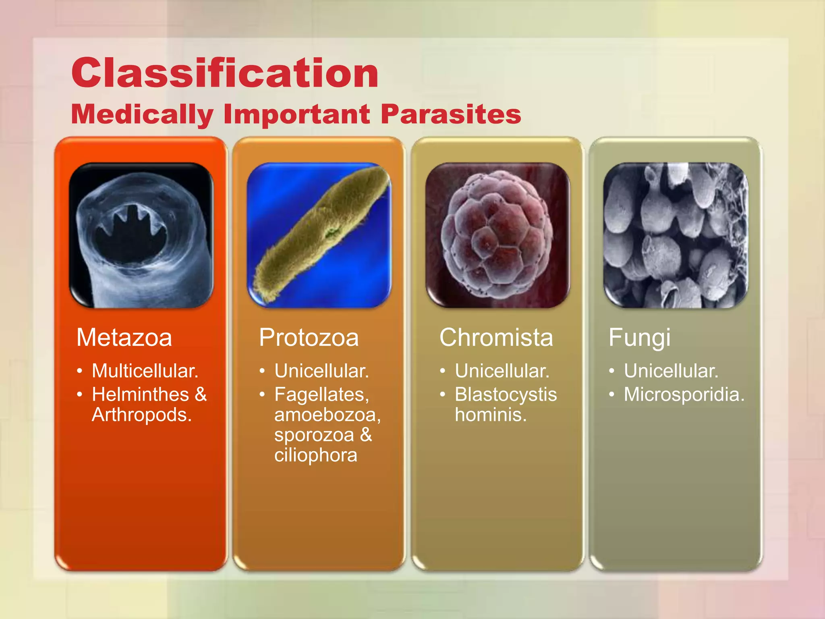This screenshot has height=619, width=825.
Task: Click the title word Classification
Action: [225, 73]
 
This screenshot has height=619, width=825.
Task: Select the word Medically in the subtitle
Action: [142, 114]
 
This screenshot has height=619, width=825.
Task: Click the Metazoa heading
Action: [124, 337]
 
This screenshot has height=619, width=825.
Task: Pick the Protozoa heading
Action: [309, 337]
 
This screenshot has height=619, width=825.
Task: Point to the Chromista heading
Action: [496, 337]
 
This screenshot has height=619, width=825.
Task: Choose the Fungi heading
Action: [639, 337]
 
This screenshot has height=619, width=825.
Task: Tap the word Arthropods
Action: [141, 415]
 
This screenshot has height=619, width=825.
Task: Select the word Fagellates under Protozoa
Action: [321, 395]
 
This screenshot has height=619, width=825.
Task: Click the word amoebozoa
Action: [327, 415]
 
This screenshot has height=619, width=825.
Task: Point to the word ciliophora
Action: [315, 455]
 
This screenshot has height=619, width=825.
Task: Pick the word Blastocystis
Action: [506, 395]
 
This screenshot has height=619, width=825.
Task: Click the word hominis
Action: [490, 415]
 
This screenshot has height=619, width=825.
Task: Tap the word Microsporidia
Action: [684, 395]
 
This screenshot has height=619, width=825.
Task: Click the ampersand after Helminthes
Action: [201, 395]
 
